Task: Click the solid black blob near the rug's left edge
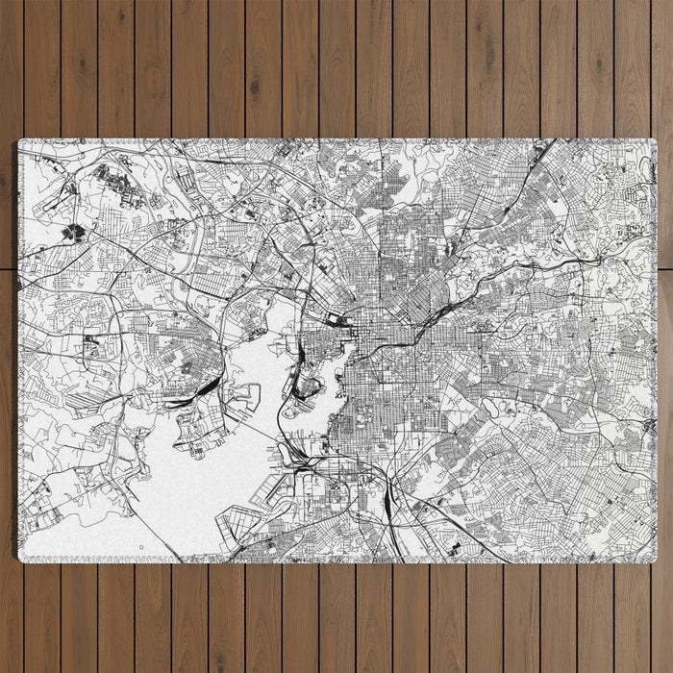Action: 72,232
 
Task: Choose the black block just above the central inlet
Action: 336,320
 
